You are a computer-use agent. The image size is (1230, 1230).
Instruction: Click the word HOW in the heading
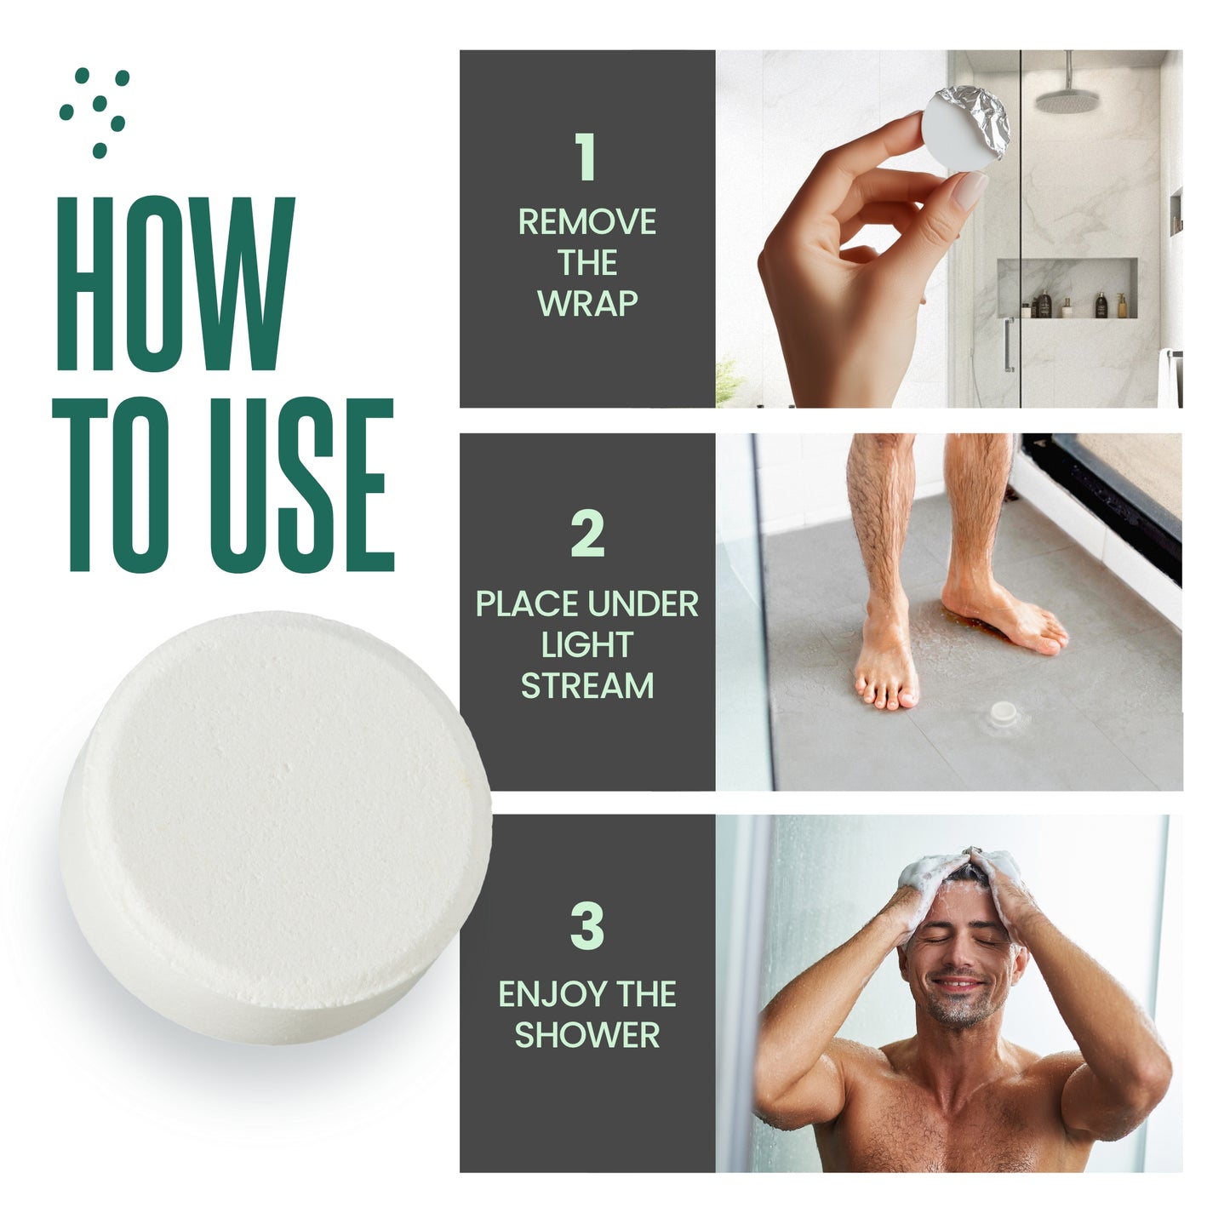click(x=176, y=283)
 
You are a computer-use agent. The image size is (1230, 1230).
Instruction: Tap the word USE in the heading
click(x=302, y=484)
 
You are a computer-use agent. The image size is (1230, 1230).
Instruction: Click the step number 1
click(x=586, y=157)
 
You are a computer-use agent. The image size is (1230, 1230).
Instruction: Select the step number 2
click(x=587, y=534)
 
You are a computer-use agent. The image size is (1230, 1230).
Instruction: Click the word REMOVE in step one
click(x=587, y=222)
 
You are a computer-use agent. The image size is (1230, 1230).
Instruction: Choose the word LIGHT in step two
click(x=587, y=644)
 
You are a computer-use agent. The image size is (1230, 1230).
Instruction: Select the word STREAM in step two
click(x=587, y=686)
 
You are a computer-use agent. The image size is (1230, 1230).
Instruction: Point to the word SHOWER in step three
click(x=587, y=1035)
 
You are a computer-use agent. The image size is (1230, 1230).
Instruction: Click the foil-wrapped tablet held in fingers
click(x=965, y=129)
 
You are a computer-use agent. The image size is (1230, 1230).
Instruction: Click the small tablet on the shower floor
click(x=1003, y=711)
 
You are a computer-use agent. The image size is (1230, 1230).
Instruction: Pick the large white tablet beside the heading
click(x=276, y=828)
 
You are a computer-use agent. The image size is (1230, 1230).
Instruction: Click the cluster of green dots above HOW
click(x=94, y=112)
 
